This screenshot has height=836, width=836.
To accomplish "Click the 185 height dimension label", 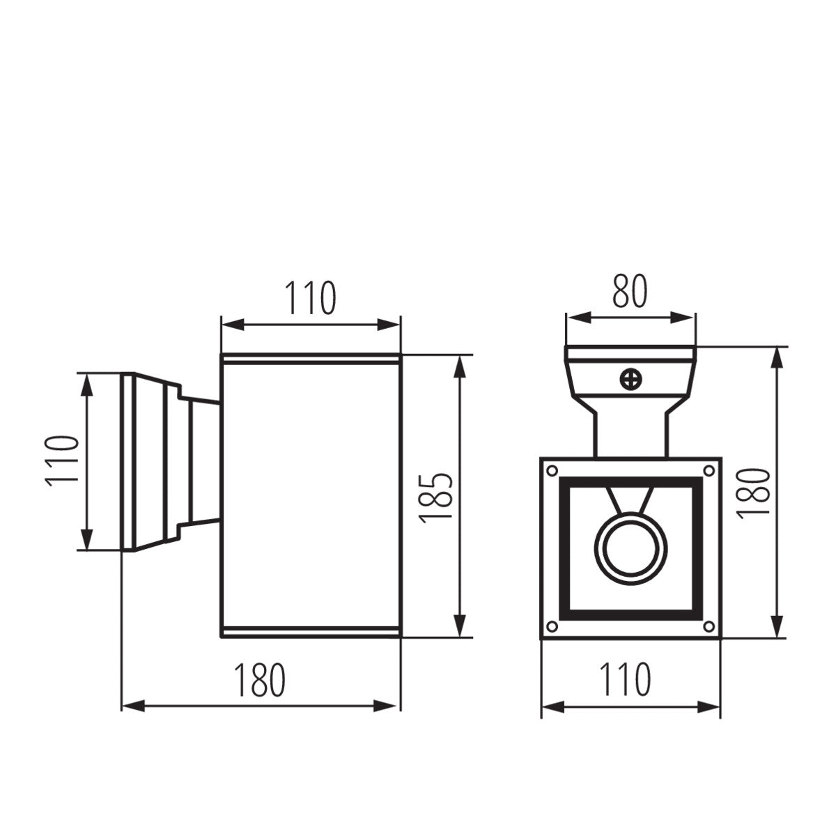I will click(x=437, y=496).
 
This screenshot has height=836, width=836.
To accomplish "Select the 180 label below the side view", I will click(x=260, y=681).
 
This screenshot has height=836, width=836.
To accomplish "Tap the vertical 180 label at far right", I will click(x=753, y=492).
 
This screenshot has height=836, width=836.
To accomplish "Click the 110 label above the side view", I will click(x=310, y=298).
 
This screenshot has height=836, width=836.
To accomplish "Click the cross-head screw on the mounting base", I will click(x=631, y=380).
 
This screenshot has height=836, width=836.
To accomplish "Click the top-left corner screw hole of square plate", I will click(x=552, y=470).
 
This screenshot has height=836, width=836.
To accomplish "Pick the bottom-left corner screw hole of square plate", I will click(x=552, y=625).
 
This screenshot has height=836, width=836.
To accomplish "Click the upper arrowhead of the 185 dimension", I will click(x=459, y=368).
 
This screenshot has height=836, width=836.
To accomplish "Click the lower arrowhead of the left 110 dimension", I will click(x=86, y=539).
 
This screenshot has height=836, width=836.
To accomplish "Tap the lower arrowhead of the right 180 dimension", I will click(x=777, y=626).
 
